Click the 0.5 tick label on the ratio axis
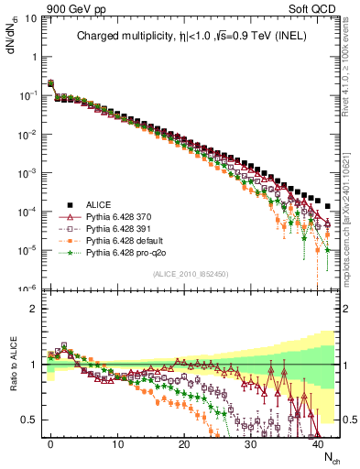[28, 420]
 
